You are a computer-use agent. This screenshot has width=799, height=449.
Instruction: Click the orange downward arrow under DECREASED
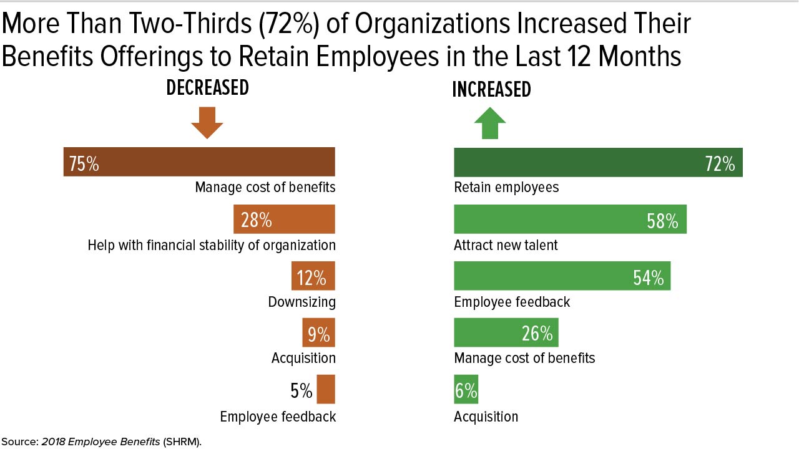coord(207,123)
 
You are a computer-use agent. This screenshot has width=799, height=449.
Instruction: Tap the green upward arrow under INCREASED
coord(490,123)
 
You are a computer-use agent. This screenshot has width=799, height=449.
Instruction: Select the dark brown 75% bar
coord(199,162)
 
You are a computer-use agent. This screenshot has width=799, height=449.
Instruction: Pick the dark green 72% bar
coord(598,163)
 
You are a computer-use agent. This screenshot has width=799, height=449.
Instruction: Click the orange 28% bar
coord(284,219)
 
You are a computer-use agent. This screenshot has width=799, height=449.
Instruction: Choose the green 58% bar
coord(570,220)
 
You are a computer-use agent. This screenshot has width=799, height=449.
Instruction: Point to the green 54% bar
coord(562,276)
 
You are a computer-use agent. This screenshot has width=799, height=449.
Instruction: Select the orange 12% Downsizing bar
coord(313,276)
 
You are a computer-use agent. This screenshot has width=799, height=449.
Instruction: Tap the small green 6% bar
coord(466,389)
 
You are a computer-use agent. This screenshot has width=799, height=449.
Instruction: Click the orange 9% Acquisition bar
coord(318,333)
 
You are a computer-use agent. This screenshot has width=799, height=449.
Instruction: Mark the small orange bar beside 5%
coord(326,389)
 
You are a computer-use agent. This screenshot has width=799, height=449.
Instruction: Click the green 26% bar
coord(506,333)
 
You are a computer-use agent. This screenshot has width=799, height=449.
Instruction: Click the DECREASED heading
coord(207,88)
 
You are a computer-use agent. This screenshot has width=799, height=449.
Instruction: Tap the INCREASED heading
coord(491,90)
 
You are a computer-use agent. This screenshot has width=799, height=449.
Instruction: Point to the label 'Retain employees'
coord(506,187)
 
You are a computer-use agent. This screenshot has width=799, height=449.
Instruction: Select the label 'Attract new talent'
coord(506,245)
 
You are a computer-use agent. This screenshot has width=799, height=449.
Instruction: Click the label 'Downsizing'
coord(301,302)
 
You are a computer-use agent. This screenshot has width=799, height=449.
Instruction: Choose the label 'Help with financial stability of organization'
coord(212,245)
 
